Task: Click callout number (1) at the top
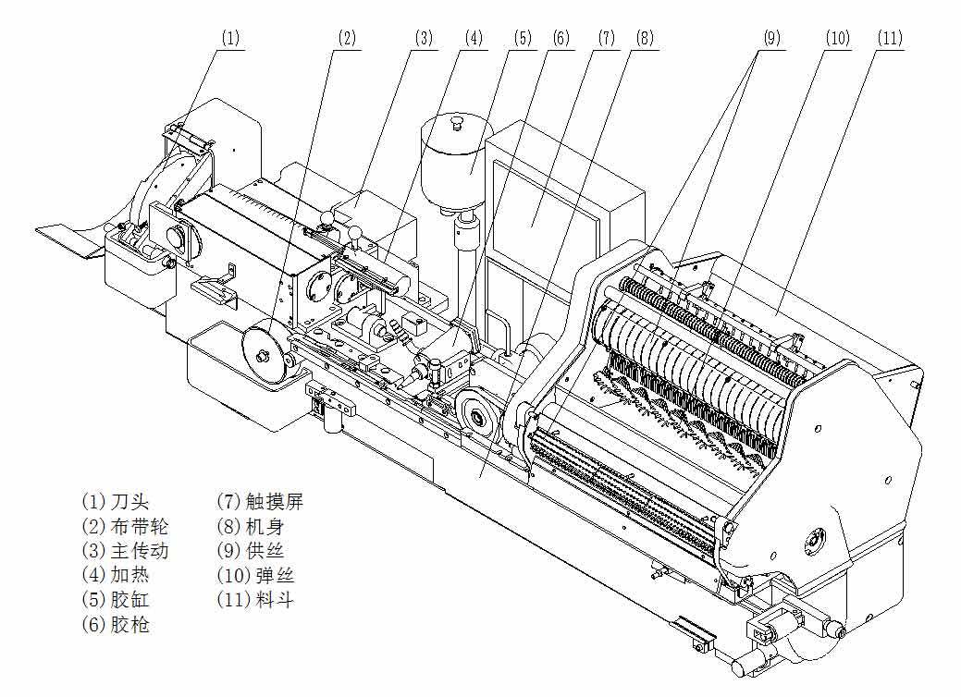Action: (230, 38)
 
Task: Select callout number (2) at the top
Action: (346, 38)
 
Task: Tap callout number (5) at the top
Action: (524, 38)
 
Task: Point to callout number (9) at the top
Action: (771, 38)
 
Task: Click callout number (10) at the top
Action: (837, 38)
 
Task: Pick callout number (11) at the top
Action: (890, 38)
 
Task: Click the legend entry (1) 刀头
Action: (115, 502)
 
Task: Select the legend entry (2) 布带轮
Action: (125, 526)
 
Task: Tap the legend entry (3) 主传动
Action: (125, 551)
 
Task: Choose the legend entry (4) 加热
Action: (115, 575)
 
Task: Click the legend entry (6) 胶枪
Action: (115, 625)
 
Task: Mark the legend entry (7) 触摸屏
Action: (260, 502)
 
